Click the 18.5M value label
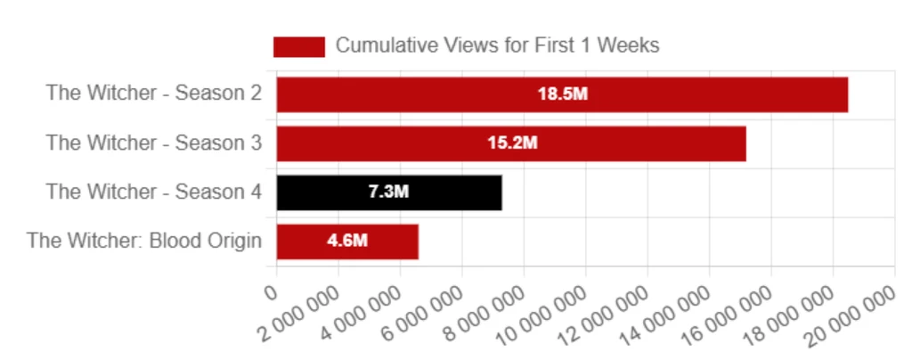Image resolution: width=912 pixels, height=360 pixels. [x=562, y=94]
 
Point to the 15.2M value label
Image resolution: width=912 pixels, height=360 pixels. [x=511, y=143]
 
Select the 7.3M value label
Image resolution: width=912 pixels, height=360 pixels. [x=388, y=192]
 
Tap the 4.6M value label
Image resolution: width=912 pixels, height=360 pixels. [x=347, y=241]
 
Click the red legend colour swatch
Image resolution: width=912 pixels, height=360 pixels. [x=298, y=46]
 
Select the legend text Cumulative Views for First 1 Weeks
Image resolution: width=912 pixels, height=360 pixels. [x=497, y=45]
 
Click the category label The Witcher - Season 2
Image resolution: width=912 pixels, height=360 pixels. [x=153, y=94]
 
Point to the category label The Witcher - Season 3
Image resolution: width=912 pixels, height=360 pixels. [x=153, y=143]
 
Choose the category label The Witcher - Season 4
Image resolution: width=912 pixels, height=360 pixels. [x=153, y=192]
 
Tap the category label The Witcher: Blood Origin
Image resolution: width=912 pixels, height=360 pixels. [x=144, y=241]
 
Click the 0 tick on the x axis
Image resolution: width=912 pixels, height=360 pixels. [x=272, y=291]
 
